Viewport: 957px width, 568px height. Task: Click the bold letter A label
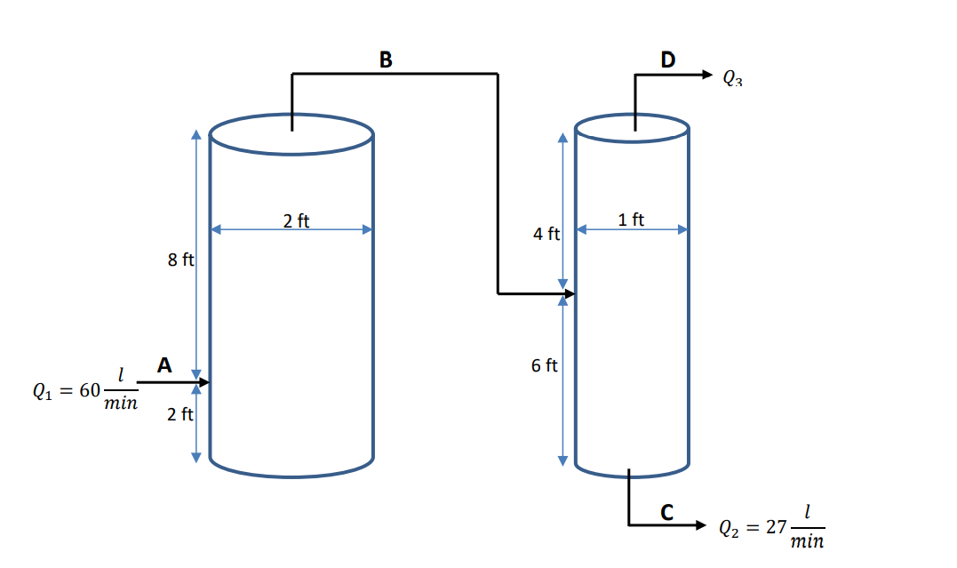pyautogui.click(x=163, y=364)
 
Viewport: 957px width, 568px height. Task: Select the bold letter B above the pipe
pyautogui.click(x=385, y=60)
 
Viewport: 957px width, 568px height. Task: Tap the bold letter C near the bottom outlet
pyautogui.click(x=666, y=512)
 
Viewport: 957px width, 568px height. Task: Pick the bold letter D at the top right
pyautogui.click(x=667, y=60)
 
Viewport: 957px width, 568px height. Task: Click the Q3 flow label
pyautogui.click(x=732, y=78)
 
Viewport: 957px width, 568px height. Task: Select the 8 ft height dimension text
pyautogui.click(x=180, y=260)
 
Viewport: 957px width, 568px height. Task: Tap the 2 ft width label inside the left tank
pyautogui.click(x=296, y=221)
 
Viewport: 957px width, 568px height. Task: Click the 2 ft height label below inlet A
pyautogui.click(x=180, y=414)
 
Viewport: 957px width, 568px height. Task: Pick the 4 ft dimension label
pyautogui.click(x=546, y=234)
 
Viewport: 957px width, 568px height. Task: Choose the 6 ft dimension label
pyautogui.click(x=545, y=365)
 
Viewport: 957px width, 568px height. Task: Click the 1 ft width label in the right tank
pyautogui.click(x=631, y=220)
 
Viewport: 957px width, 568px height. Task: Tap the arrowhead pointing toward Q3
pyautogui.click(x=706, y=75)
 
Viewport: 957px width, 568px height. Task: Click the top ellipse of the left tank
pyautogui.click(x=291, y=134)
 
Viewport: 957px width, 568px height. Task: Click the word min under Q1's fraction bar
pyautogui.click(x=121, y=404)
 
